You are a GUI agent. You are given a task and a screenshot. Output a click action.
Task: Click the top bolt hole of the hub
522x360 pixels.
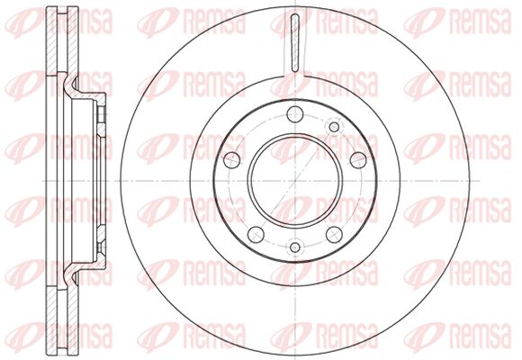tap(295, 114)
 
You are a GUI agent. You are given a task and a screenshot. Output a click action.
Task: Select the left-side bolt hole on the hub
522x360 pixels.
tap(231, 160)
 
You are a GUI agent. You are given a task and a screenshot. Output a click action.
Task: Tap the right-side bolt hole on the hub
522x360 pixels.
tap(358, 160)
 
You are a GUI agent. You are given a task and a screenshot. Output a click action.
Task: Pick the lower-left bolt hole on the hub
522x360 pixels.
tap(256, 235)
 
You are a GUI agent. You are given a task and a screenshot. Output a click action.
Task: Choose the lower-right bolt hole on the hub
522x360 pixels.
tap(334, 235)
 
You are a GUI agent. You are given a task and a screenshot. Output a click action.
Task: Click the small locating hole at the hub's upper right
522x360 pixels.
tap(334, 127)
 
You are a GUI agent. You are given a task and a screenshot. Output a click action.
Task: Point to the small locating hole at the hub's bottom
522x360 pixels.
tap(295, 247)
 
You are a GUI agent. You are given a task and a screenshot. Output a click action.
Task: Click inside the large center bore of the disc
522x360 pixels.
tap(295, 181)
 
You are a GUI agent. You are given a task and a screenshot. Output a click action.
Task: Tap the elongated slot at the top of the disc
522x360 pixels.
tap(295, 43)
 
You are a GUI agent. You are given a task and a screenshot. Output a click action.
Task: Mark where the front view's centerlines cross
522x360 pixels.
tap(295, 181)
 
